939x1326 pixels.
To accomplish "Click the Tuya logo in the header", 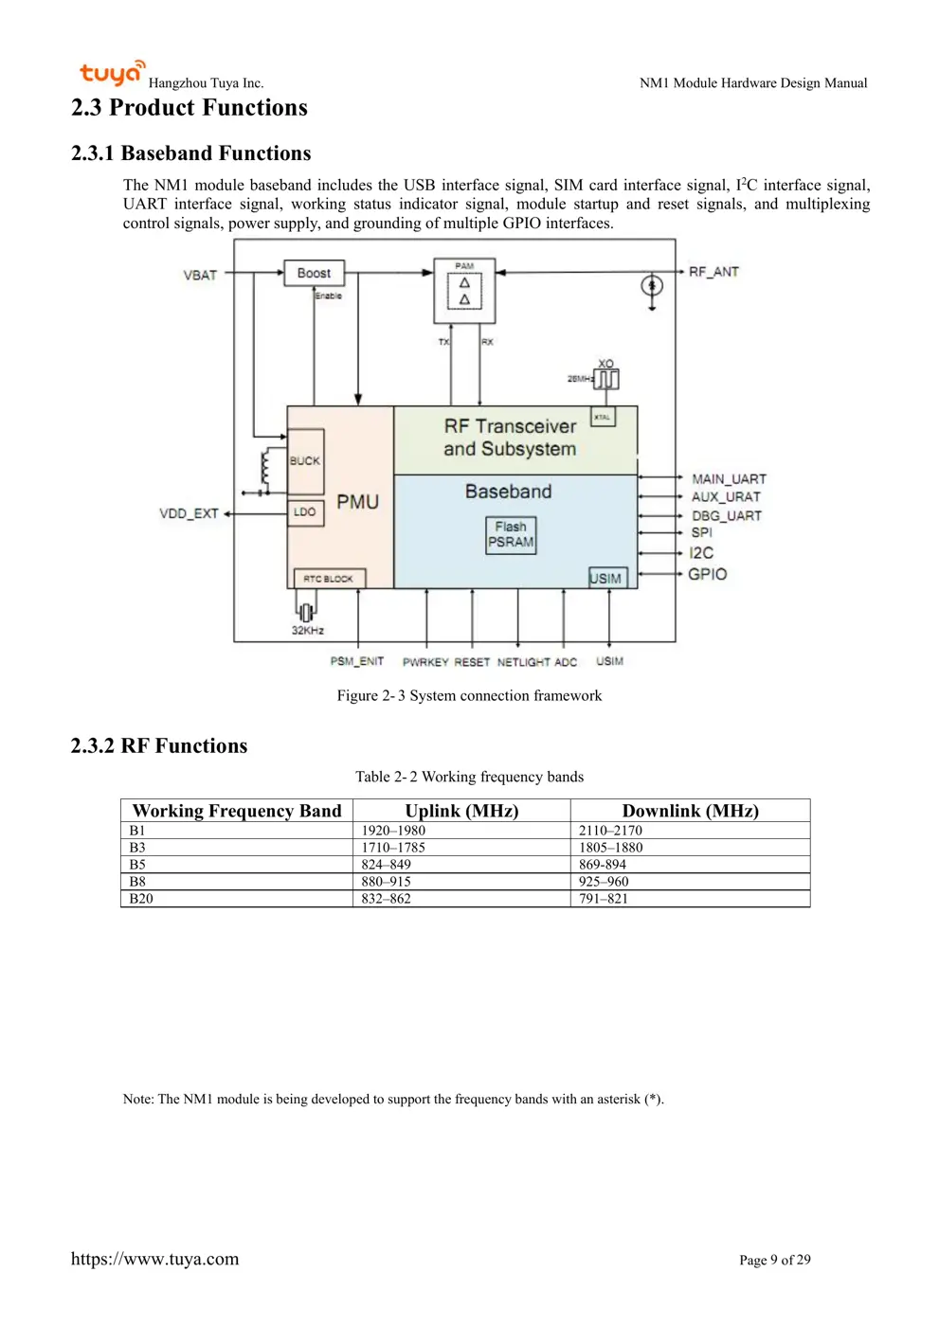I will pos(112,73).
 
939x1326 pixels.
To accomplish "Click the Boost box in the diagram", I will pos(314,274).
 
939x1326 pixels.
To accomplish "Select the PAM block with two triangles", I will pos(464,291).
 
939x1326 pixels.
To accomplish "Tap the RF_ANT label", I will pos(713,272).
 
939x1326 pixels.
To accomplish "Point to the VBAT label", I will pos(200,276).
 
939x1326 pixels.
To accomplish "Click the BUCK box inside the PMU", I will pos(305,461).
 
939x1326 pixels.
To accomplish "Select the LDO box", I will pos(305,512).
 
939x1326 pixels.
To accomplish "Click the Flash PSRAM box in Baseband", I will pos(511,535).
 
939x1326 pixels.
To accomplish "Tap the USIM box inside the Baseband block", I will pos(606,578).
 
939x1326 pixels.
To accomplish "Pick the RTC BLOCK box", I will pos(328,579).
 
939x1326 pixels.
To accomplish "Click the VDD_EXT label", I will pos(189,513).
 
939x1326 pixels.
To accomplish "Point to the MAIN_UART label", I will pos(729,479).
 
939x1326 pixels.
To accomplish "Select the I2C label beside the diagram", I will pos(701,553).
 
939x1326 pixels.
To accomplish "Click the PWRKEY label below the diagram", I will pos(425,662).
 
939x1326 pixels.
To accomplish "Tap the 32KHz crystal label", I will pos(307,631).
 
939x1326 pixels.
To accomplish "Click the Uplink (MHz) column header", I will pos(461,811).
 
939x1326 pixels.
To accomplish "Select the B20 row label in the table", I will pos(141,899).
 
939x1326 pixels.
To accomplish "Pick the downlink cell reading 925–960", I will pos(604,882).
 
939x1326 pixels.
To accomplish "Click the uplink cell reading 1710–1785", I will pos(393,848).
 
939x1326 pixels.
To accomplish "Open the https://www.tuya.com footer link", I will pos(154,1259).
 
